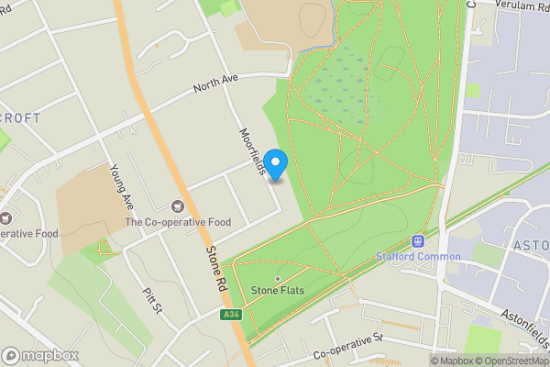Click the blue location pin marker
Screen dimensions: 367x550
pyautogui.click(x=276, y=163)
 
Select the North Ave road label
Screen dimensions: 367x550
pyautogui.click(x=215, y=86)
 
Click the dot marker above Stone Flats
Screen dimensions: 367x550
pyautogui.click(x=278, y=278)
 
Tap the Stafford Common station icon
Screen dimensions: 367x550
pyautogui.click(x=418, y=241)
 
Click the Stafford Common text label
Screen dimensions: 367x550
pyautogui.click(x=418, y=256)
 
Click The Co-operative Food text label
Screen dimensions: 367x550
pyautogui.click(x=178, y=222)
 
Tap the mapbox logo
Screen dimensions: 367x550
pyautogui.click(x=40, y=355)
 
